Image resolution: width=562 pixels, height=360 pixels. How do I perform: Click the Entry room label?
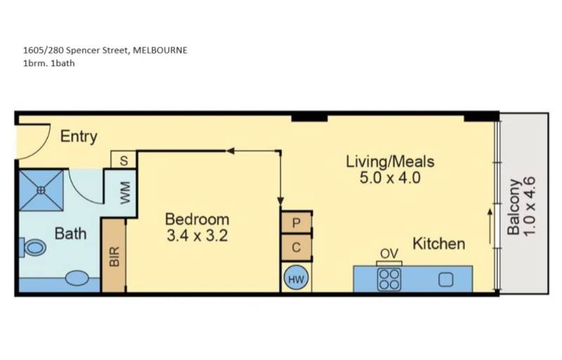(x=79, y=136)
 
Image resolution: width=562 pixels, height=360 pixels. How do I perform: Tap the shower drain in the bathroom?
(x=41, y=189)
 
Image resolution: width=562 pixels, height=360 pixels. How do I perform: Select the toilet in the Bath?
(x=32, y=247)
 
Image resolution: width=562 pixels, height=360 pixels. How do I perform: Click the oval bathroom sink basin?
(x=77, y=279)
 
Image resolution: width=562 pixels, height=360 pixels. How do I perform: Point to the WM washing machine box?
(x=125, y=193)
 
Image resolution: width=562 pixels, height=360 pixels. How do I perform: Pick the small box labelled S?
(x=124, y=160)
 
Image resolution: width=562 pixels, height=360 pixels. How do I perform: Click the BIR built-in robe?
(x=114, y=256)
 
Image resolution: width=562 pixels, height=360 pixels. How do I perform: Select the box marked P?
(x=296, y=222)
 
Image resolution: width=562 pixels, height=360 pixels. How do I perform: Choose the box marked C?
(x=296, y=247)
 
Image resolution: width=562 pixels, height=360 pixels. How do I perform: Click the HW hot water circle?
(x=296, y=279)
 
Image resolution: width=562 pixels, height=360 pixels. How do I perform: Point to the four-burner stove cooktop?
(x=389, y=279)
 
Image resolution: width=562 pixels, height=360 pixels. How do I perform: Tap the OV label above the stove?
(x=388, y=254)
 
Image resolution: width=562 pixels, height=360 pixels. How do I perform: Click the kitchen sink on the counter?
(x=445, y=279)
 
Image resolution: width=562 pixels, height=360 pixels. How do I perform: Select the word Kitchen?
(x=438, y=244)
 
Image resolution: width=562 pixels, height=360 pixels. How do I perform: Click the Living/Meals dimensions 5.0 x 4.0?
(x=390, y=178)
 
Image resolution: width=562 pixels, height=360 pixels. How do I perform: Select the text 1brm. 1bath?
(x=48, y=63)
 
